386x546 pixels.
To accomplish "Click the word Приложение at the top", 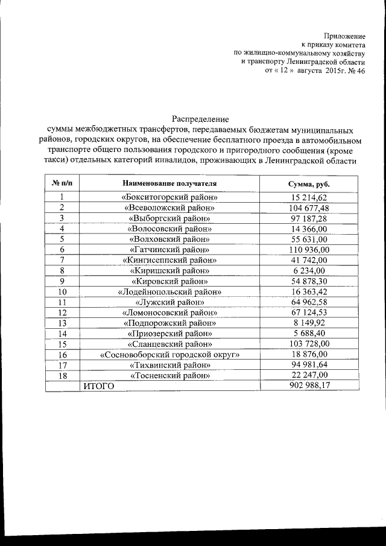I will [x=344, y=37].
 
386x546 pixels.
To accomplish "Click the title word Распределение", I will [x=201, y=119].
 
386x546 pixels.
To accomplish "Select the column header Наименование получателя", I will [x=169, y=183].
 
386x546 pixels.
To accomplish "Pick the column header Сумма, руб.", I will [x=309, y=183].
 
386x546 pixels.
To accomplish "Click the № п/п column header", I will [x=62, y=183].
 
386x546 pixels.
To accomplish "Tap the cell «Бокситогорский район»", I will [x=169, y=198].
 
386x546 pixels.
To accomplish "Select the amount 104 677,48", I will [x=309, y=208].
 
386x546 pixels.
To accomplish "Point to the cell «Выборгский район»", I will [x=169, y=218].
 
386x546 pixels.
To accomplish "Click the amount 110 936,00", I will [x=309, y=250].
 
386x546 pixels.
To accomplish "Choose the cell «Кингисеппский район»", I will [x=169, y=260].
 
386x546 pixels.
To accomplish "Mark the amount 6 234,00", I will [x=309, y=271].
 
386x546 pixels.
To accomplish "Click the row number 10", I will [x=62, y=292].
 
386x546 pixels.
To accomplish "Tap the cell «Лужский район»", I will [x=169, y=302].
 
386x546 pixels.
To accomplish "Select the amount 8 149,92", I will [x=309, y=323].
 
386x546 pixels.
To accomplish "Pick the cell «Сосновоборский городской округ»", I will [x=169, y=355].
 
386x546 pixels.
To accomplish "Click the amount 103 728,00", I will [x=309, y=344].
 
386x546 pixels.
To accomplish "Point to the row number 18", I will [x=62, y=375].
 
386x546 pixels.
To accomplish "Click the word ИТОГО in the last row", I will [x=98, y=386].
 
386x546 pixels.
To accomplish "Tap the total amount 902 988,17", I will [x=309, y=386].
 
